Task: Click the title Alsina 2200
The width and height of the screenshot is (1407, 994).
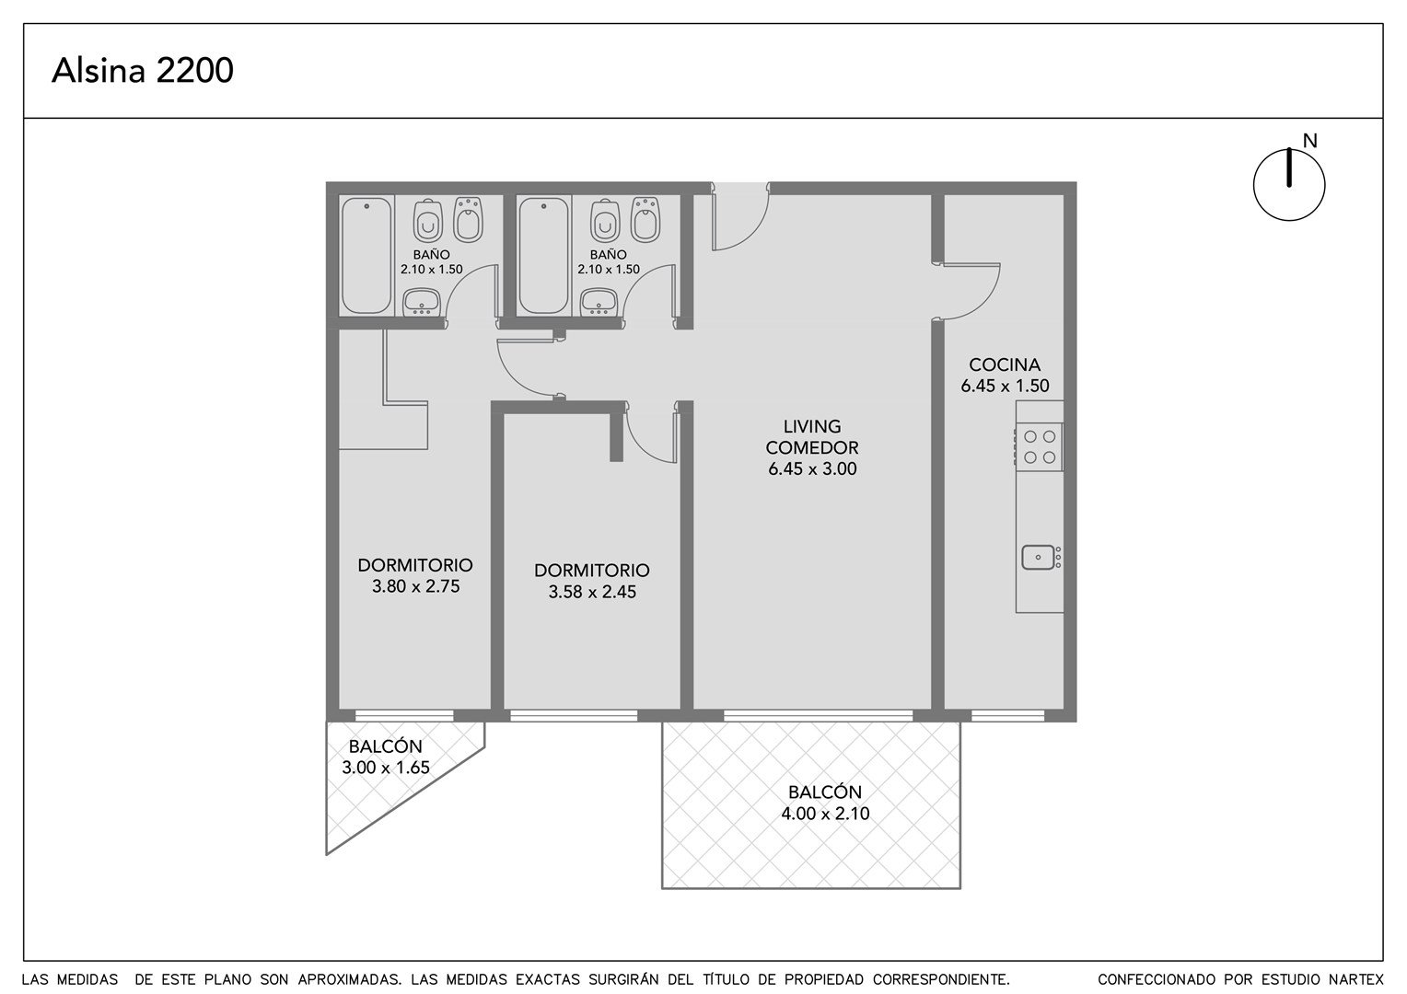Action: [143, 70]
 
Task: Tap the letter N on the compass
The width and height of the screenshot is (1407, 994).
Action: [1309, 142]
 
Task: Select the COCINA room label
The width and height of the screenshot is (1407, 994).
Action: [1005, 364]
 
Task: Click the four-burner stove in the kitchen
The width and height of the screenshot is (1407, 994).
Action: [1040, 446]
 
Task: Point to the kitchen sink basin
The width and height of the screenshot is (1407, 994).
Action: [1038, 557]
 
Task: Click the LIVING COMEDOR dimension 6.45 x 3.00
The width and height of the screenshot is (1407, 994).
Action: [812, 469]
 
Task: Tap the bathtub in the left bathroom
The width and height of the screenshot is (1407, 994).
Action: [366, 256]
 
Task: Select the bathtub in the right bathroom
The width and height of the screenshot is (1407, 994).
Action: [544, 256]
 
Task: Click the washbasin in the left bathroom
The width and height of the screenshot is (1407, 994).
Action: [422, 303]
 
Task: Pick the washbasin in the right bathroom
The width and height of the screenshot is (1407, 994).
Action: [599, 303]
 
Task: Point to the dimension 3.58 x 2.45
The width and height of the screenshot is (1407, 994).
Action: [592, 592]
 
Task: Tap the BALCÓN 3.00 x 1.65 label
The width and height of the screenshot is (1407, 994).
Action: [386, 757]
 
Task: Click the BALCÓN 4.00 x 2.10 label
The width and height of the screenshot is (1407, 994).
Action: [825, 803]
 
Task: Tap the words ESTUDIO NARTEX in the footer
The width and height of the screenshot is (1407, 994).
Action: [1316, 979]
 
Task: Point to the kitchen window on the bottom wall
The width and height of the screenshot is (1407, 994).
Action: [1008, 715]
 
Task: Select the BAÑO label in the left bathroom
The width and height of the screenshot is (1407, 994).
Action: [432, 255]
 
